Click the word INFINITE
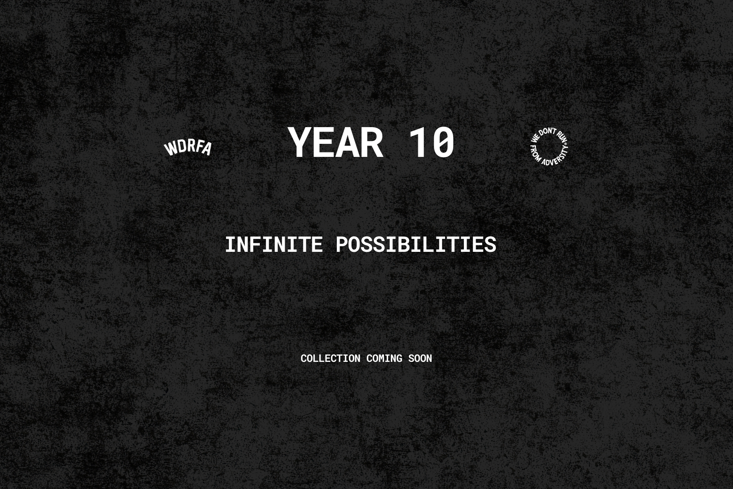pyautogui.click(x=274, y=244)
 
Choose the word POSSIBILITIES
pyautogui.click(x=416, y=244)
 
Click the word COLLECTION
pyautogui.click(x=330, y=358)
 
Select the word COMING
pyautogui.click(x=384, y=358)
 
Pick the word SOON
pyautogui.click(x=420, y=358)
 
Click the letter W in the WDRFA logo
pyautogui.click(x=170, y=149)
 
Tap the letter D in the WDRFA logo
pyautogui.click(x=182, y=146)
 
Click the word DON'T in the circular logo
pyautogui.click(x=548, y=132)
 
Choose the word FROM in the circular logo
pyautogui.click(x=535, y=154)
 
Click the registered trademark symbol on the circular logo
pyautogui.click(x=566, y=144)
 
